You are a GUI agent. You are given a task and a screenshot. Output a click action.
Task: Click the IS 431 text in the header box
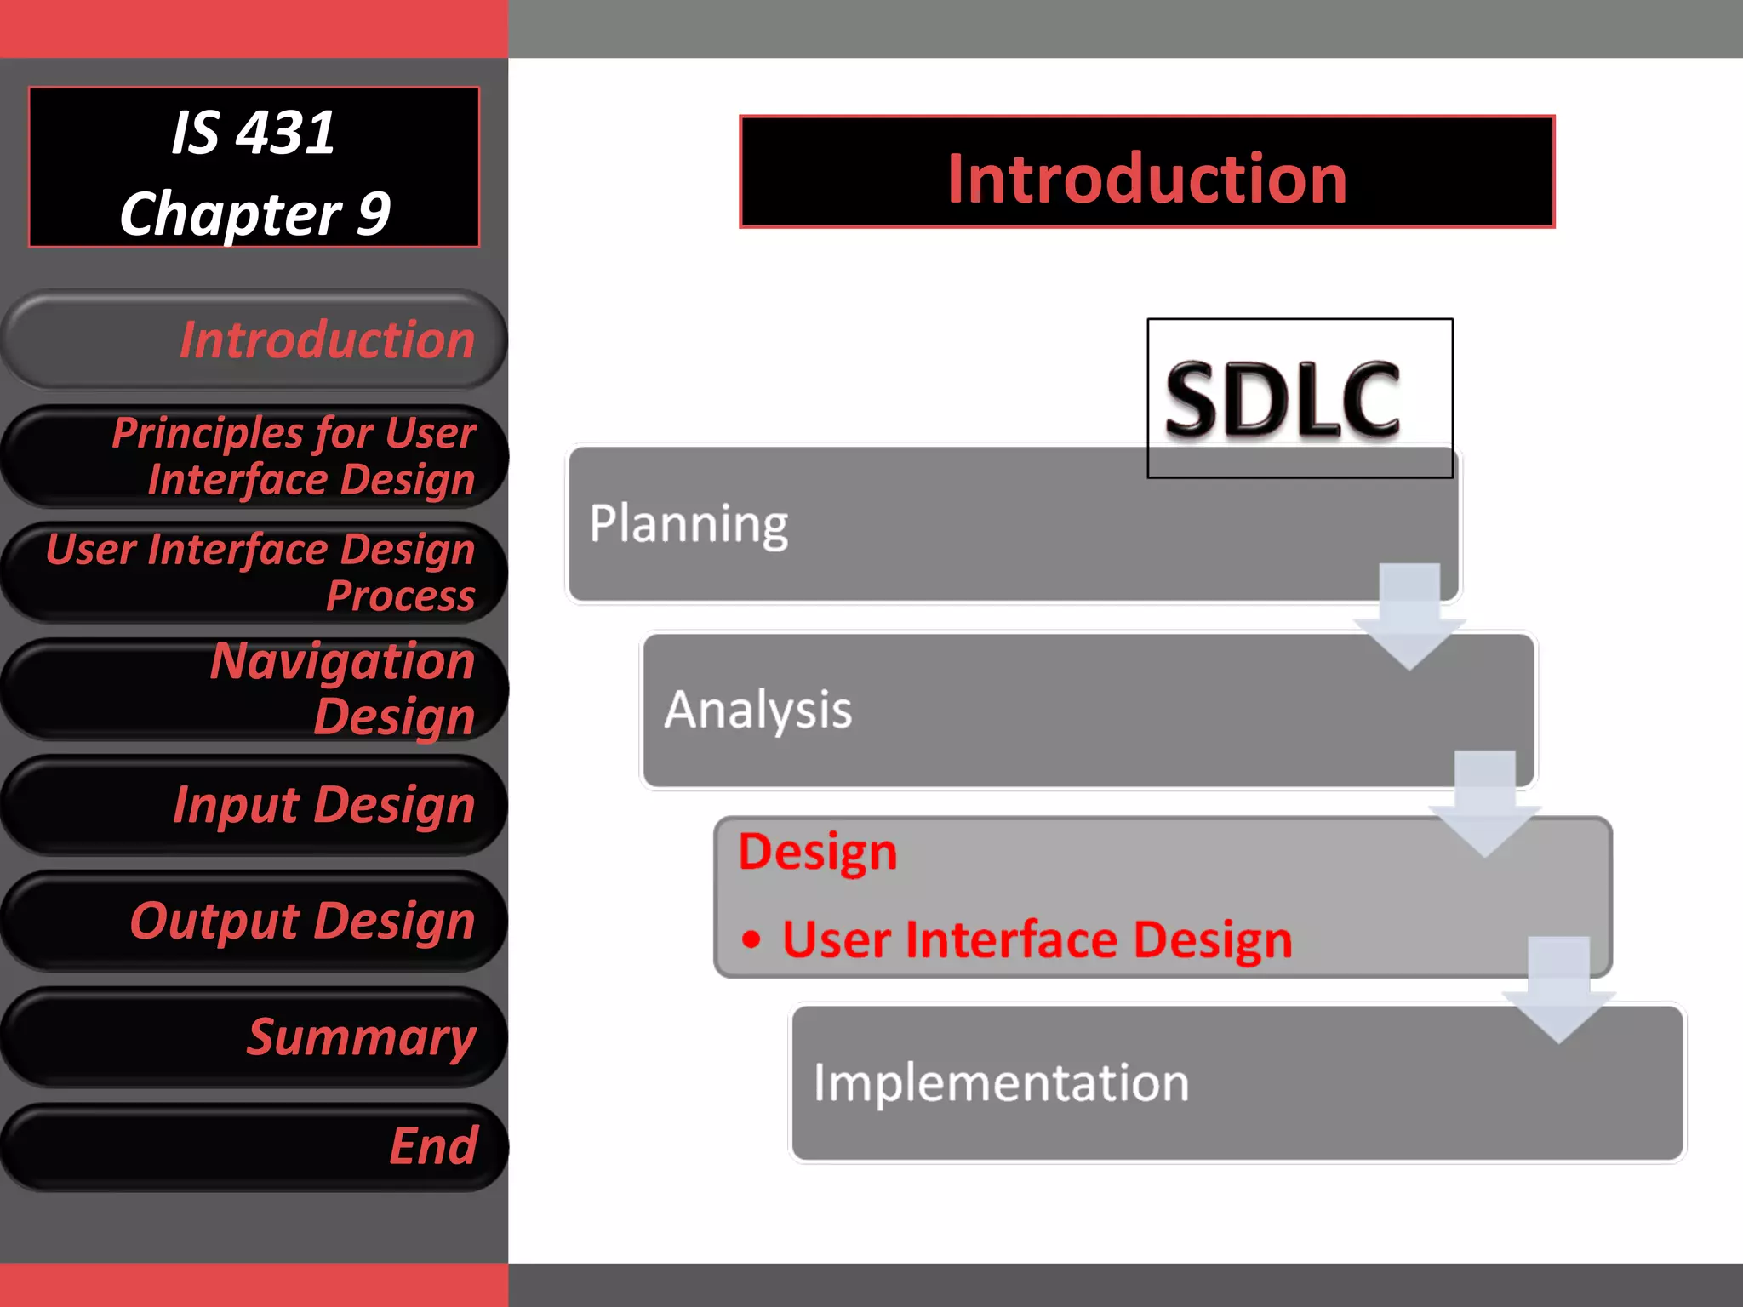254,133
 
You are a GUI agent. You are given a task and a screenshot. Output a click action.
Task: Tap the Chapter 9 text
254,214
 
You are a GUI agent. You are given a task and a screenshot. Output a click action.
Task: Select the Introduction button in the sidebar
254,340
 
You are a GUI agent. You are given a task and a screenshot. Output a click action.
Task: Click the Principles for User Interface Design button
254,456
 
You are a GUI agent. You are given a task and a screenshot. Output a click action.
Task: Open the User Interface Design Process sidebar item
254,572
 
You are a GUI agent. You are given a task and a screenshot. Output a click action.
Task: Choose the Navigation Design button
254,688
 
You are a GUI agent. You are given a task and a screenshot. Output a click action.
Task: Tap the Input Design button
254,804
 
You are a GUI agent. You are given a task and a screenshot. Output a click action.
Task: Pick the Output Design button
254,921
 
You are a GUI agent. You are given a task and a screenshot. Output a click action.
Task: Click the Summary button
254,1036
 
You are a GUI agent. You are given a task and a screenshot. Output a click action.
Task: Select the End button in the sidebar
254,1146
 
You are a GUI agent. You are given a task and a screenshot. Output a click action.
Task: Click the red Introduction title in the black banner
1146,179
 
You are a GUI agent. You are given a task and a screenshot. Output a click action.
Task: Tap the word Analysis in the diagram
757,711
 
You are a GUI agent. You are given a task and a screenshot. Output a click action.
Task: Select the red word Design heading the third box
817,852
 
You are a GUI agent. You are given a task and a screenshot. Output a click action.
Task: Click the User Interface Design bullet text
1037,940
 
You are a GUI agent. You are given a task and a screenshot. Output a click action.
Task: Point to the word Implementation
1001,1083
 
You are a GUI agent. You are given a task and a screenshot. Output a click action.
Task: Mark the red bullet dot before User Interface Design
751,940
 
